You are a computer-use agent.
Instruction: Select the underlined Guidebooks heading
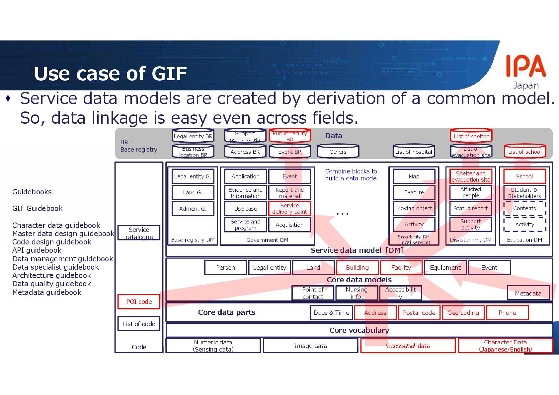coord(32,192)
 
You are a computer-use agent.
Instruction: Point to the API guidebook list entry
coord(37,250)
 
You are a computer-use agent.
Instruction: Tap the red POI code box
coord(139,301)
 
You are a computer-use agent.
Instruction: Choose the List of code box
coord(139,324)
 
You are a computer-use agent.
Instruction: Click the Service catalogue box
coord(139,233)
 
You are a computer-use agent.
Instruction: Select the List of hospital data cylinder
coord(414,152)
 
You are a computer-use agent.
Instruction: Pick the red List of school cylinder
coord(524,152)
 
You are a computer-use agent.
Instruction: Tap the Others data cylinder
coord(338,152)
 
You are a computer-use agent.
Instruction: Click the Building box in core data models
coord(357,268)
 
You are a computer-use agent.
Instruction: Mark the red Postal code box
coord(419,313)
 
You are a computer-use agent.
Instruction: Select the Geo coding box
coord(463,313)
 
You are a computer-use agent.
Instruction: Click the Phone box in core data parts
coord(507,313)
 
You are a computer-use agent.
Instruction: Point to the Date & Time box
coord(331,313)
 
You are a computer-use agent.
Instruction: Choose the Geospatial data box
coord(408,346)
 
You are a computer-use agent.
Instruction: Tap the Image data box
coord(310,346)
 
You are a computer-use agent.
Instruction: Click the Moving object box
coord(414,208)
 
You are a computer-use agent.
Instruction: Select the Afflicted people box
coord(470,192)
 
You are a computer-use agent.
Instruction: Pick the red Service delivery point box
coord(289,209)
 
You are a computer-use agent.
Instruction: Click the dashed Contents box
coord(524,208)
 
